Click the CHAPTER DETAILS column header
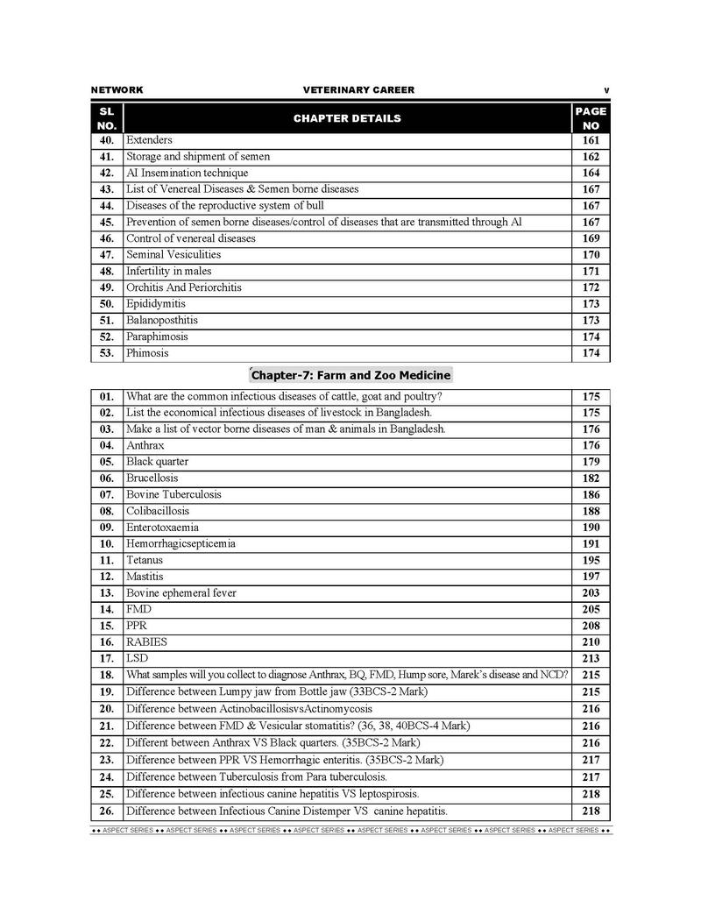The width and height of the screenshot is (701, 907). click(347, 118)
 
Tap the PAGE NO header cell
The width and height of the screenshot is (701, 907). click(591, 118)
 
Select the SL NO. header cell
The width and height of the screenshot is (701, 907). click(107, 118)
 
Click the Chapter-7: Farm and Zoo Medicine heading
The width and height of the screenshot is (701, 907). click(350, 375)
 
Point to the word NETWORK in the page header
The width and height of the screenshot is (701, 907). click(117, 90)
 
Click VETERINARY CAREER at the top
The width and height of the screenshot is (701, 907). click(358, 90)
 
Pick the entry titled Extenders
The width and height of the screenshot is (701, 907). click(149, 140)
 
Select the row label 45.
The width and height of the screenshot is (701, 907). click(107, 223)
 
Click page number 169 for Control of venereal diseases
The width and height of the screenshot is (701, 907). click(591, 238)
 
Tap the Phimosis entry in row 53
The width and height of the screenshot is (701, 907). click(147, 353)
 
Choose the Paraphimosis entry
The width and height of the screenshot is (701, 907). click(157, 337)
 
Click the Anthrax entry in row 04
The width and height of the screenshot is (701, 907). click(145, 445)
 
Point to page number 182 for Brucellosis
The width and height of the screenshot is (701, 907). click(591, 478)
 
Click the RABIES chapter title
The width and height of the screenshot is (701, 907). click(146, 641)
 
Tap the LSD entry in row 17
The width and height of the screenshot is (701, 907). click(138, 658)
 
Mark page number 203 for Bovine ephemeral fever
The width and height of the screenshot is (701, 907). click(591, 593)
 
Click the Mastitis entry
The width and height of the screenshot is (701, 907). click(145, 577)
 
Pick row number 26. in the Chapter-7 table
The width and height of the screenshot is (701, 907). click(107, 811)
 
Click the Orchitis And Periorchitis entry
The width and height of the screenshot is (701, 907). click(184, 287)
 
